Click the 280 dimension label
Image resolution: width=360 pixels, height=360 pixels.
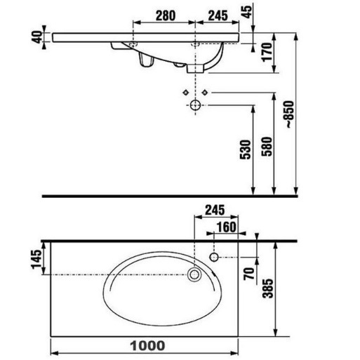pos(166,15)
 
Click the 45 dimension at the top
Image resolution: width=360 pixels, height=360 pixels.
pos(247,11)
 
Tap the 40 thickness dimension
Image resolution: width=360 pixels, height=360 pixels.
pos(37,37)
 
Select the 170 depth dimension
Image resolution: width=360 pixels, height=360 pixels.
pos(267,52)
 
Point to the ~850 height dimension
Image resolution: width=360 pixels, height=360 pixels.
pos(290,114)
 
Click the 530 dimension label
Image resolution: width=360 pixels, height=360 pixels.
pos(246,149)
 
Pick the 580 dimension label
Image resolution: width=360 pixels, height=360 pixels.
pos(267,147)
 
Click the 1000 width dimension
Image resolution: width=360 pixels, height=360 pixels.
pos(147,346)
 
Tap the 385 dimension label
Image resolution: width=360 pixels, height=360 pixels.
pos(267,288)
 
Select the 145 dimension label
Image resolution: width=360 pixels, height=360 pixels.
pos(36,260)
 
